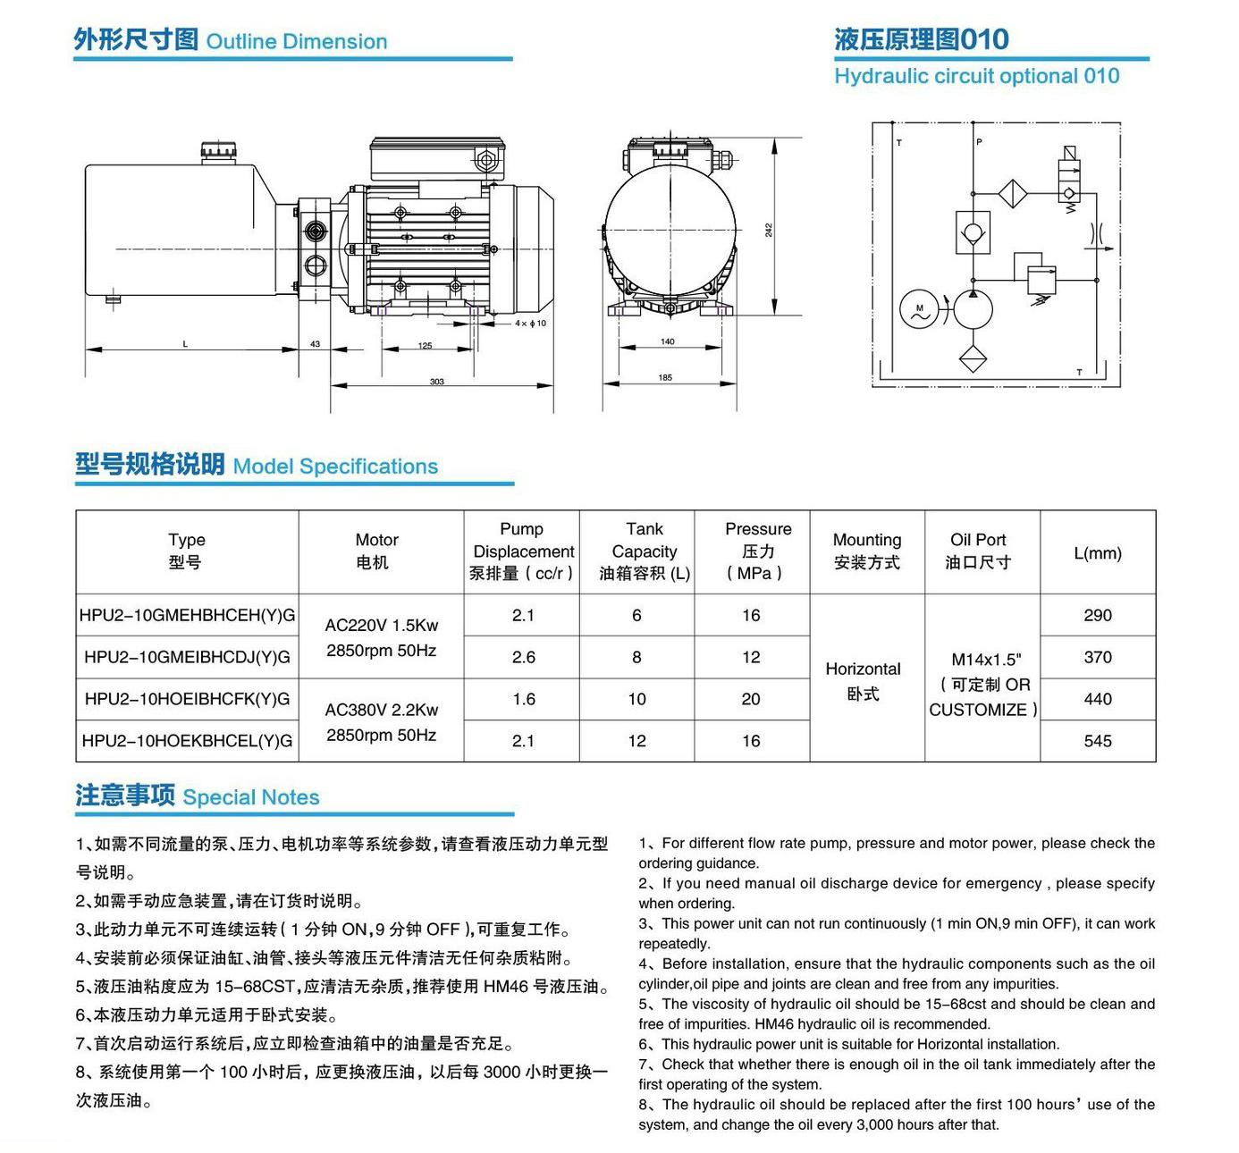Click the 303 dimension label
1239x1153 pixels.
point(437,382)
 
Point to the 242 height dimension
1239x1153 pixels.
point(769,230)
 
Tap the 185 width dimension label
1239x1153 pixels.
point(665,377)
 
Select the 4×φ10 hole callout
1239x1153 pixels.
point(530,324)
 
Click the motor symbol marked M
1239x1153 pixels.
point(919,310)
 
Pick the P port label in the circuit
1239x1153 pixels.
point(979,142)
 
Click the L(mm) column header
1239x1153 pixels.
point(1098,552)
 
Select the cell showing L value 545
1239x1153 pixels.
point(1098,741)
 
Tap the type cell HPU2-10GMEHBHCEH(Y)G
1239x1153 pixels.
point(187,615)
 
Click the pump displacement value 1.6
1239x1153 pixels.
point(524,699)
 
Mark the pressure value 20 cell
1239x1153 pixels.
point(751,699)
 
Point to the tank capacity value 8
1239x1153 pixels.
point(636,657)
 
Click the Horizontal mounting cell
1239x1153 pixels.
point(864,681)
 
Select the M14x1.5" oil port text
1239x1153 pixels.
point(986,660)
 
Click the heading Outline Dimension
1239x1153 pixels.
point(296,42)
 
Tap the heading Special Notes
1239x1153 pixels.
point(251,797)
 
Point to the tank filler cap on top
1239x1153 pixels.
point(218,151)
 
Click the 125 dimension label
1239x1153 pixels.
point(425,345)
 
